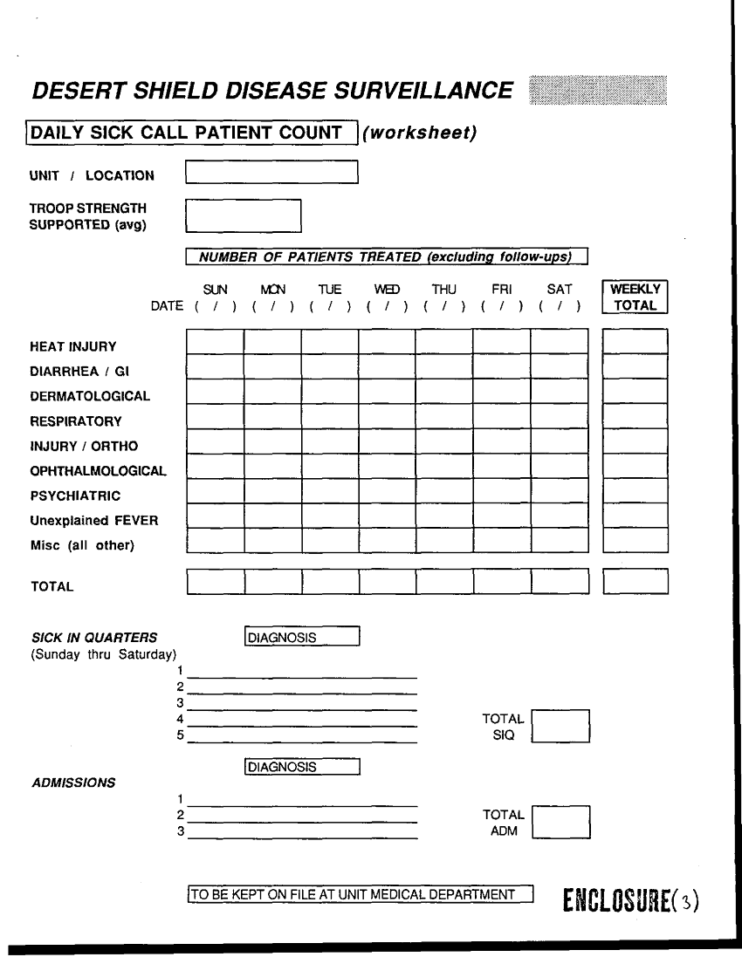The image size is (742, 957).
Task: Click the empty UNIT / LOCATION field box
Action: coord(271,172)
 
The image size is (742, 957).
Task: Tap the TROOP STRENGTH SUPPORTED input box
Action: coord(244,215)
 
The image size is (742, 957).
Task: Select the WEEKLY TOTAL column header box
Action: coord(635,297)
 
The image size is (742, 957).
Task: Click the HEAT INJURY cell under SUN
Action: coord(215,341)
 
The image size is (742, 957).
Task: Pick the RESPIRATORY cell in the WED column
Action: coord(387,416)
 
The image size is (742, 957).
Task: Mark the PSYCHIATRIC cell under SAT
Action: coord(559,491)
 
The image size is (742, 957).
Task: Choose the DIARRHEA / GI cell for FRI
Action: coord(501,366)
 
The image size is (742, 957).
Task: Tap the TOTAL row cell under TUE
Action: coord(329,581)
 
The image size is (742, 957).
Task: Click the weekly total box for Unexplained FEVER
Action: coord(635,516)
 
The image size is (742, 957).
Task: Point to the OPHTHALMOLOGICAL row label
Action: coord(98,471)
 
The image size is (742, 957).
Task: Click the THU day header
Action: coord(443,289)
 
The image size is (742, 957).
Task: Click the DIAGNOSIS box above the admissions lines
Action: coord(303,767)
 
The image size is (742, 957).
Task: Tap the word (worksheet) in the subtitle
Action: coord(420,133)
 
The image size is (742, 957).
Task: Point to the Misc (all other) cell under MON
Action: coord(272,541)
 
